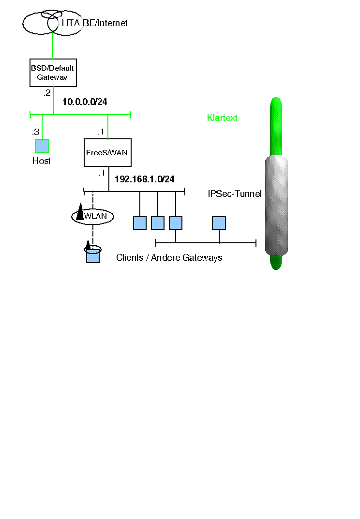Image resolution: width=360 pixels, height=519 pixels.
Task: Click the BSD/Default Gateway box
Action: [53, 73]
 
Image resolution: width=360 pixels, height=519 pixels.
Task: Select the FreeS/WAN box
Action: [107, 152]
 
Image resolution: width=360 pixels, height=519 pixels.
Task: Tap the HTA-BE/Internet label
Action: [94, 23]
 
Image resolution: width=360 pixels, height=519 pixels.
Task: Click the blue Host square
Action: [42, 146]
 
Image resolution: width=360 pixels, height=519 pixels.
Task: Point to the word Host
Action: [41, 161]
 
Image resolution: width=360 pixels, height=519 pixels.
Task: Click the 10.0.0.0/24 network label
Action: [85, 102]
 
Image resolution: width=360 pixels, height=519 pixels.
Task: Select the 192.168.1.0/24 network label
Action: [144, 179]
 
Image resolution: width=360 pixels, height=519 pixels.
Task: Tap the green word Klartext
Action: [222, 118]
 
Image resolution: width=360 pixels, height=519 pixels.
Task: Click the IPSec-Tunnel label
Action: [235, 194]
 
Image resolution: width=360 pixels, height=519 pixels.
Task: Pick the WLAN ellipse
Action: [93, 216]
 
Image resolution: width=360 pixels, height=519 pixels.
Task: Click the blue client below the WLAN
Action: [93, 256]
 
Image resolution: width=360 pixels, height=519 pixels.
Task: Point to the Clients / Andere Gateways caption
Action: [169, 258]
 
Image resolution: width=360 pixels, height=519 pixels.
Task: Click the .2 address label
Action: [47, 93]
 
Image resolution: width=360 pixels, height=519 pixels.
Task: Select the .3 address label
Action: [35, 132]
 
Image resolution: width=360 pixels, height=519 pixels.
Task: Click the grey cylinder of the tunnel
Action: [276, 206]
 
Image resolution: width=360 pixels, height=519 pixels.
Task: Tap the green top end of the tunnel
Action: [276, 126]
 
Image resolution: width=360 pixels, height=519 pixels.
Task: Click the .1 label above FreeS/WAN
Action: [101, 132]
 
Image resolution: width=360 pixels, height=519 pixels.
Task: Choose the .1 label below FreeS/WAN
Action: [102, 173]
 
